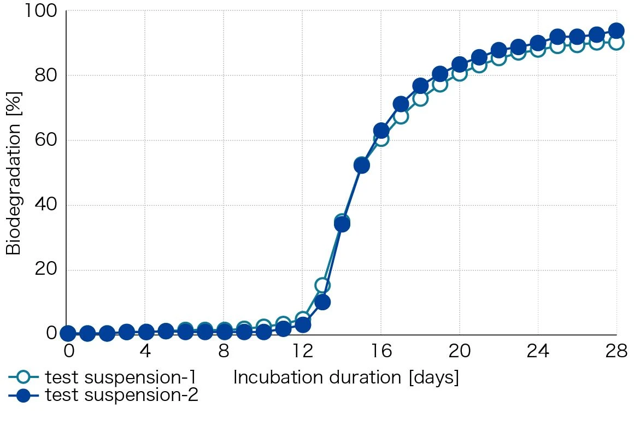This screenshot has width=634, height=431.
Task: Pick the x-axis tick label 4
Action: pyautogui.click(x=145, y=351)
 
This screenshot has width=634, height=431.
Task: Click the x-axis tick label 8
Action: pyautogui.click(x=224, y=351)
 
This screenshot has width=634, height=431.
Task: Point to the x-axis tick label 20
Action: pyautogui.click(x=459, y=351)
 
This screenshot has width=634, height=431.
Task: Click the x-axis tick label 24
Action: pyautogui.click(x=538, y=351)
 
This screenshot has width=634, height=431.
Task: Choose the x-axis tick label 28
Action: pyautogui.click(x=616, y=351)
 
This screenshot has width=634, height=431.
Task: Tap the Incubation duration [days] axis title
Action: pyautogui.click(x=346, y=377)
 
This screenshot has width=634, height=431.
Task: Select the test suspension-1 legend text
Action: pyautogui.click(x=121, y=377)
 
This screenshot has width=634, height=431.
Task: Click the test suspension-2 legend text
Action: pyautogui.click(x=122, y=395)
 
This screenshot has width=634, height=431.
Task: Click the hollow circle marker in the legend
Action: pyautogui.click(x=24, y=377)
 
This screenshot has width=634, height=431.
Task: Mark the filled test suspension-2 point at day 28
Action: pyautogui.click(x=617, y=31)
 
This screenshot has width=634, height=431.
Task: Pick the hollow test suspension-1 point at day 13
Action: pyautogui.click(x=322, y=285)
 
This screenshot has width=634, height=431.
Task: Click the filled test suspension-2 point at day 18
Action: pyautogui.click(x=420, y=86)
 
